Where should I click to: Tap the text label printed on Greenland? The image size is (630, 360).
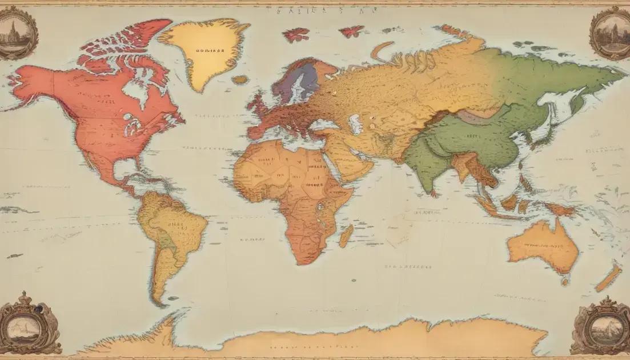pyautogui.click(x=210, y=50)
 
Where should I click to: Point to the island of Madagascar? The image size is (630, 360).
pyautogui.click(x=346, y=235)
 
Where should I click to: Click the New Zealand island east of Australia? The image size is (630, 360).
pyautogui.click(x=609, y=277)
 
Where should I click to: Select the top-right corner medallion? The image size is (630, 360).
pyautogui.click(x=610, y=33)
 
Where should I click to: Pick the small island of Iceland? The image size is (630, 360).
pyautogui.click(x=240, y=79)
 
